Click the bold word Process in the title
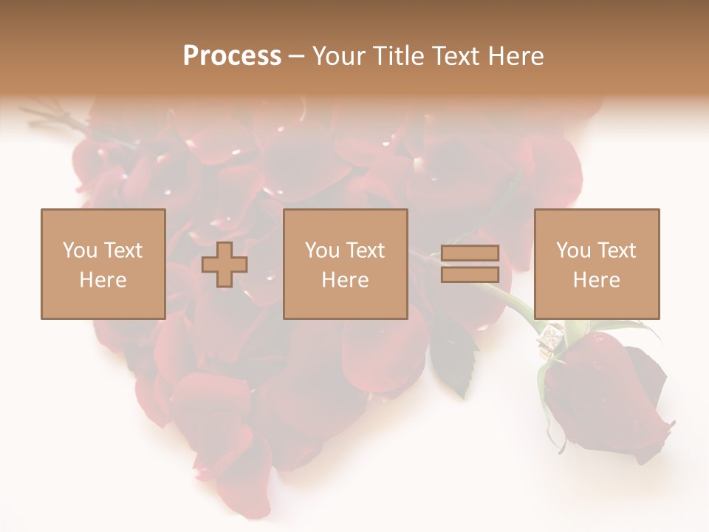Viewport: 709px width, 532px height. tap(232, 56)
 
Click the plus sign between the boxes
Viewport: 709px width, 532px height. tap(225, 264)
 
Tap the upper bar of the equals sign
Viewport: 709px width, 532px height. tap(470, 253)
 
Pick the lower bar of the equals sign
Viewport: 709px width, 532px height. tap(470, 275)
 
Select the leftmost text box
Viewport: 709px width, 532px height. tap(103, 264)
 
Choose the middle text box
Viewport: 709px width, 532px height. tap(345, 264)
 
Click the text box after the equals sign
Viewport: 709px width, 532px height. tap(596, 264)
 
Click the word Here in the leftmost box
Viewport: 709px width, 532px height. tap(103, 280)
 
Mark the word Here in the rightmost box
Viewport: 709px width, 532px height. tap(596, 280)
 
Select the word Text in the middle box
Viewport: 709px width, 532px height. tap(366, 250)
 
